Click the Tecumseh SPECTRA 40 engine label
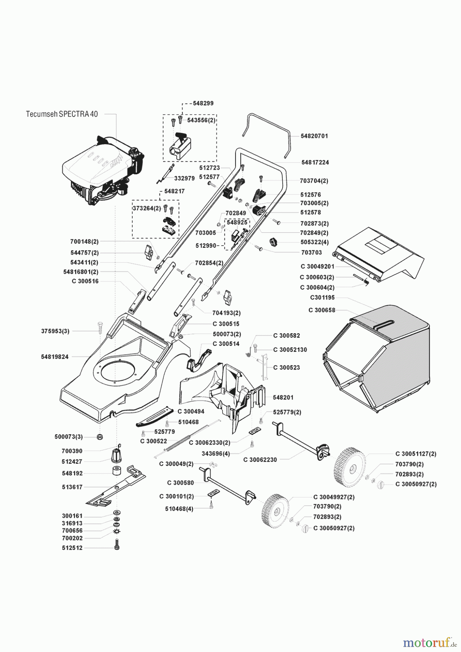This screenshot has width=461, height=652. (62, 114)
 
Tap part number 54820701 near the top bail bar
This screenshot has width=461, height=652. (314, 136)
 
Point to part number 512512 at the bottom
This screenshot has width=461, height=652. (72, 548)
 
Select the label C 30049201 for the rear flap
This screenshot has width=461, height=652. (317, 267)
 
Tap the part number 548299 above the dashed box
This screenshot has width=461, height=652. (203, 103)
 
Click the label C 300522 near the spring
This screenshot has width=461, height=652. (154, 441)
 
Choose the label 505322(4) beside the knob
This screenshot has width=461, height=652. (314, 243)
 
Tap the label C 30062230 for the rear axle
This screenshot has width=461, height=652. (260, 460)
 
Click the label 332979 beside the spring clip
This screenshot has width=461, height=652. (184, 178)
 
